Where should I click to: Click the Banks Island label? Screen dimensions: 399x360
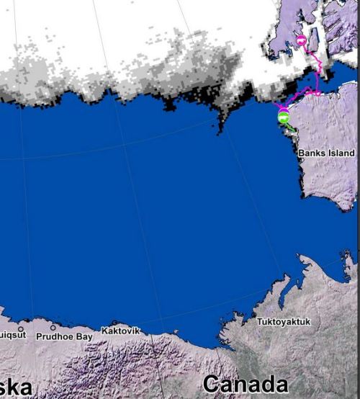[x=327, y=153]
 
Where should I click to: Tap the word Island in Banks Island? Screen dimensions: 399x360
[x=340, y=153]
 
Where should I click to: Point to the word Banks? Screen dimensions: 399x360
[x=312, y=153]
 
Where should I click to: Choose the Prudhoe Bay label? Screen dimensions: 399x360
[x=66, y=336]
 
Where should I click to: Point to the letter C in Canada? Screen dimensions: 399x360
[x=210, y=385]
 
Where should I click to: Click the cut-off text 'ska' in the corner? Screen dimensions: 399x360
[x=16, y=387]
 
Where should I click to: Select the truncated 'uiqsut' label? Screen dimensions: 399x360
[x=13, y=336]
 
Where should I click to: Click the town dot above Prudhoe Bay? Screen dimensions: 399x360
[x=53, y=328]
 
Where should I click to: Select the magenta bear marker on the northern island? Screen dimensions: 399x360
[x=302, y=40]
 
